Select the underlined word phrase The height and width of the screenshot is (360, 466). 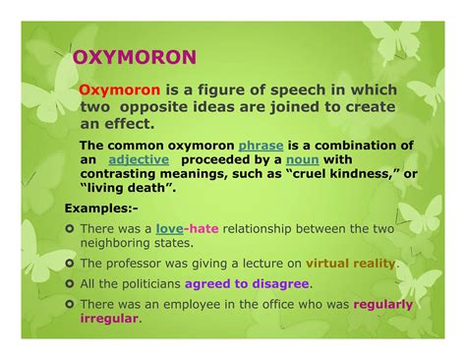coord(261,145)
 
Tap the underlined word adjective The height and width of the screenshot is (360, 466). coord(139,158)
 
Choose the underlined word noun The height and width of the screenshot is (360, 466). coord(304,158)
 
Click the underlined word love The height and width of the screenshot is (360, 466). coord(170,228)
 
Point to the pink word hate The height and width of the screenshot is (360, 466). coord(204,228)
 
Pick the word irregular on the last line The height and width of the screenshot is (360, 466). coord(109,318)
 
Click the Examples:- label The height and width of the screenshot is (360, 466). coord(99,209)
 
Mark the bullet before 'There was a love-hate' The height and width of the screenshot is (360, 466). coord(70,228)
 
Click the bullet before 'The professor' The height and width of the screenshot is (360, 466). coord(70,264)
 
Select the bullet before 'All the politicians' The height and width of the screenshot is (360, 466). coord(70,283)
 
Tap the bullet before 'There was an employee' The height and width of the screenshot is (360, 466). coord(70,304)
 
